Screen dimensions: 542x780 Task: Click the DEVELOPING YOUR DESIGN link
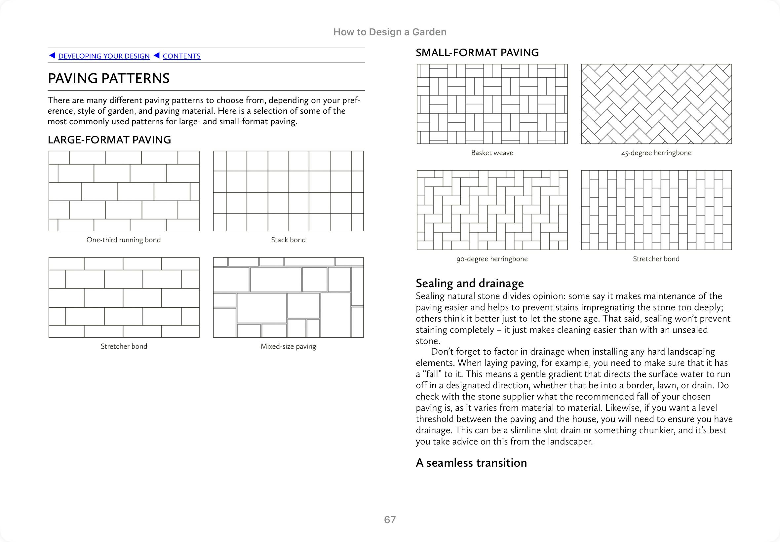click(x=104, y=56)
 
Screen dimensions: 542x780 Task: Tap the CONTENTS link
click(x=181, y=56)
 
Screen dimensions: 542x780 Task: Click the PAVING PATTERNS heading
click(x=109, y=78)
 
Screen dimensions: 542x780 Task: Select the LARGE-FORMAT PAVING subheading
click(x=109, y=139)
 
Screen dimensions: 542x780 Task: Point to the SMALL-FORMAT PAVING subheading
click(x=477, y=53)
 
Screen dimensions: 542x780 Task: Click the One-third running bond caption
click(x=124, y=240)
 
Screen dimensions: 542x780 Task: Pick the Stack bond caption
click(x=288, y=240)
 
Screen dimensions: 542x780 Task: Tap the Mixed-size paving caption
click(x=288, y=346)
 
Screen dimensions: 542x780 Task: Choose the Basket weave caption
click(x=492, y=153)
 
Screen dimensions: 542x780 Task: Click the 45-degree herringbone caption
click(x=656, y=153)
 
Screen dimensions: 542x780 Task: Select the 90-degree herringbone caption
click(x=492, y=259)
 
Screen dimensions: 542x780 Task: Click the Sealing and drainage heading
click(x=470, y=283)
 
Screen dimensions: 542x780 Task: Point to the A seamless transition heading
click(x=471, y=463)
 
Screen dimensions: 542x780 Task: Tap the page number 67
click(x=390, y=520)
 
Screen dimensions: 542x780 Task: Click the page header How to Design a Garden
click(x=390, y=32)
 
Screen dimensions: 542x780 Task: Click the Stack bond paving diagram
click(x=288, y=191)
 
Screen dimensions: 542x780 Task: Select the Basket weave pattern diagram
click(x=492, y=104)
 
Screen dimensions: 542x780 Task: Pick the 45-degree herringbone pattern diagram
click(x=656, y=104)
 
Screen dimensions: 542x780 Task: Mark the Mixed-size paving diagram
click(x=288, y=297)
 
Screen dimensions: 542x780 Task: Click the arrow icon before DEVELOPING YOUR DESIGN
click(x=52, y=55)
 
